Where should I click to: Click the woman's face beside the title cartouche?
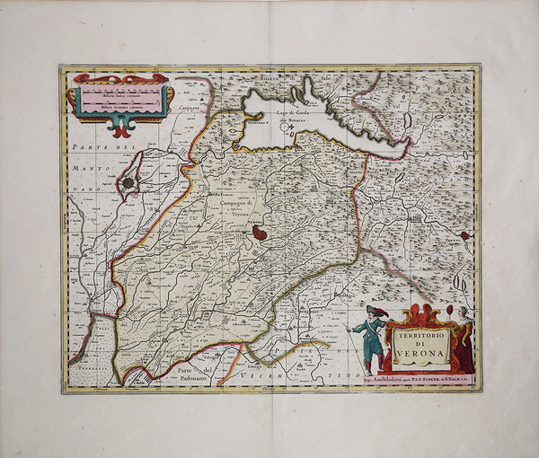click(x=463, y=313)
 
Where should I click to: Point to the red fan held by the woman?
click(x=448, y=312)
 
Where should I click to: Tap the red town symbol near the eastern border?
click(x=464, y=236)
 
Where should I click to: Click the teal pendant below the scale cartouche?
click(x=119, y=128)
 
